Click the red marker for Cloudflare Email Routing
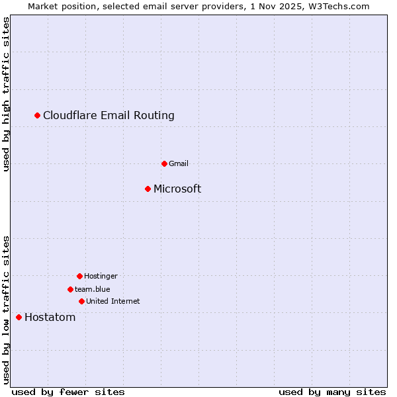pos(38,116)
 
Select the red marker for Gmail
pos(164,163)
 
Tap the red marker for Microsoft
pos(148,189)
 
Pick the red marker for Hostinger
pos(79,276)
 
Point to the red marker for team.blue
pos(70,289)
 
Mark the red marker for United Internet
pos(81,301)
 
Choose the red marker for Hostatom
pos(19,318)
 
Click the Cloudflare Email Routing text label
pos(109,116)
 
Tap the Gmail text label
pos(179,163)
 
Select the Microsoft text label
pos(177,189)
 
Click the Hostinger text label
pos(101,276)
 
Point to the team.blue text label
pos(93,289)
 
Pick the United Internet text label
pos(112,301)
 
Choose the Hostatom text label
pos(50,318)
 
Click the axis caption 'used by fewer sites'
pos(68,392)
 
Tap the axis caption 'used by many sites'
pos(332,392)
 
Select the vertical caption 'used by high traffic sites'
pos(7,94)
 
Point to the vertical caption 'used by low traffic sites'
pos(7,310)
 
